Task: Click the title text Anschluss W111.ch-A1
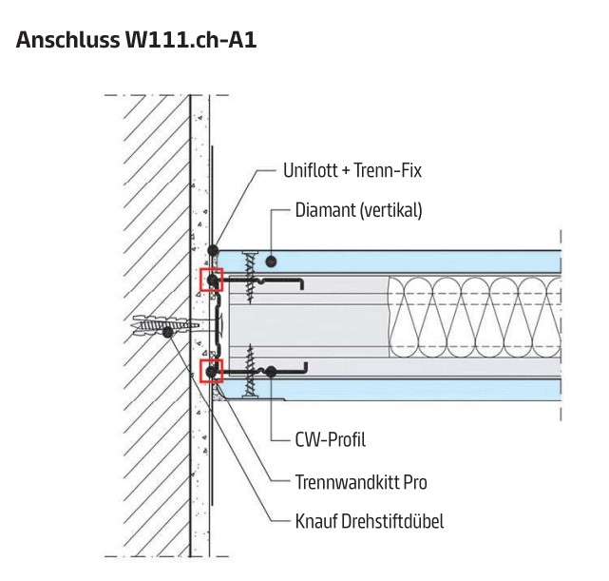coord(137,41)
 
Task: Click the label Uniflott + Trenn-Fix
coord(352,171)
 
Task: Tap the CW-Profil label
coord(330,439)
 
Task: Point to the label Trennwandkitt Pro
coord(361,482)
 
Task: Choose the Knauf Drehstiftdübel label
coord(370,521)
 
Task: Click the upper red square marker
coord(210,280)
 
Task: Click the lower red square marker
coord(210,370)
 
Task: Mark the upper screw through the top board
coord(249,275)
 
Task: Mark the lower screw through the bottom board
coord(250,371)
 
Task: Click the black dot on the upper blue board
coord(272,260)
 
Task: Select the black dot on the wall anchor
coord(168,332)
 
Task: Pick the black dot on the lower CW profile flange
coord(272,371)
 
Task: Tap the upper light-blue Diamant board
coord(399,261)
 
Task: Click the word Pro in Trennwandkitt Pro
coord(412,482)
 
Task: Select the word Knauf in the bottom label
coord(316,521)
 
